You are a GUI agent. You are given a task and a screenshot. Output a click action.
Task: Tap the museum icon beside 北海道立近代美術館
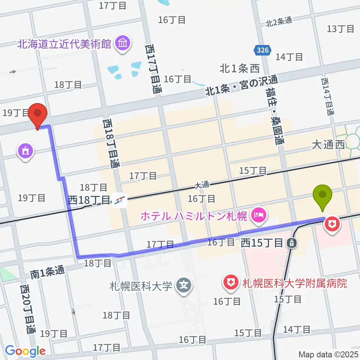123,43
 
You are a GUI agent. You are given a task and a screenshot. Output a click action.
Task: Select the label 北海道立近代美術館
64,43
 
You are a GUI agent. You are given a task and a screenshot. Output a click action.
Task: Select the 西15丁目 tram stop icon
291,243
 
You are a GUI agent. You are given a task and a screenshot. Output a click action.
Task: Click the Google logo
25,351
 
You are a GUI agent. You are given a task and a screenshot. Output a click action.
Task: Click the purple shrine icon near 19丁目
25,151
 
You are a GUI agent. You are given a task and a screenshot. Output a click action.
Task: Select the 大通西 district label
328,145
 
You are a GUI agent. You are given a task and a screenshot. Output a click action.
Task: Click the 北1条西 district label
240,69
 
